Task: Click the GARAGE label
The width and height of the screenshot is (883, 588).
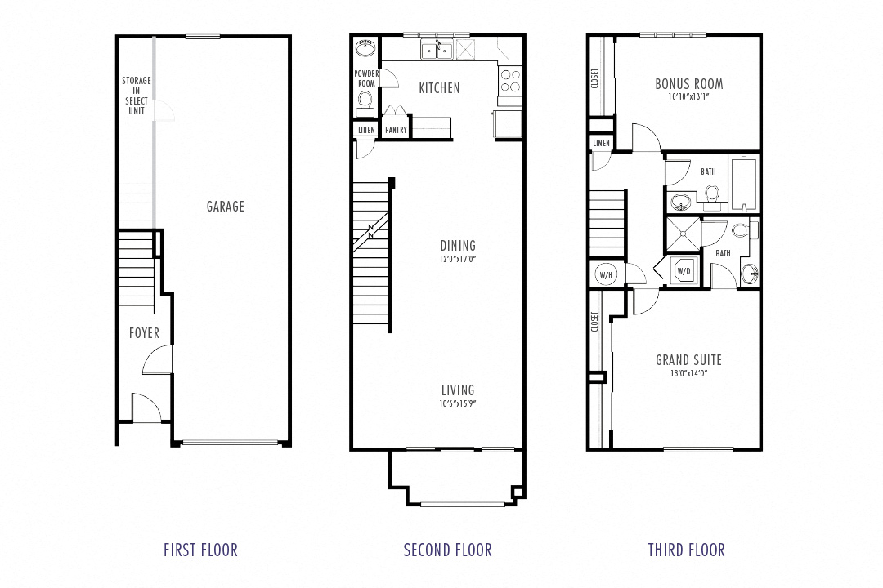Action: (x=225, y=207)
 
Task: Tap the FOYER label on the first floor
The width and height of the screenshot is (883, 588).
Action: (x=144, y=333)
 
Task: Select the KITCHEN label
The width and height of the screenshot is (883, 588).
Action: (x=439, y=88)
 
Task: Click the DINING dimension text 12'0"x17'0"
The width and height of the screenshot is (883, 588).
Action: (x=457, y=260)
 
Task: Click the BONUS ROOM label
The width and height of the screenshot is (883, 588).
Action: (x=688, y=83)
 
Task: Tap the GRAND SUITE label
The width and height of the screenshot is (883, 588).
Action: (x=688, y=360)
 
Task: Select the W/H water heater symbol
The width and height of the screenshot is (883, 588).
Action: (x=606, y=274)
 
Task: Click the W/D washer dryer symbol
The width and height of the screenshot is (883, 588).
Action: (x=683, y=270)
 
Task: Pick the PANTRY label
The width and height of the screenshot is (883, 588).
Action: (x=396, y=130)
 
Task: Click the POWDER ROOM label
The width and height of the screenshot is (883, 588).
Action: (x=365, y=78)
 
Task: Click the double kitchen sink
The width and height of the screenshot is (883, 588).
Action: (x=437, y=51)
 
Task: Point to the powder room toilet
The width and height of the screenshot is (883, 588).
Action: (x=365, y=100)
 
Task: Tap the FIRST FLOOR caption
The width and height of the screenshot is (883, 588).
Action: (x=200, y=550)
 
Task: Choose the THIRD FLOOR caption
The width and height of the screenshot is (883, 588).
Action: (x=686, y=550)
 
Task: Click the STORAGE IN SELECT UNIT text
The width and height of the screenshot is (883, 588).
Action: (x=136, y=96)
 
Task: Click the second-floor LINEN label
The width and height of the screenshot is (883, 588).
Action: (x=365, y=130)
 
